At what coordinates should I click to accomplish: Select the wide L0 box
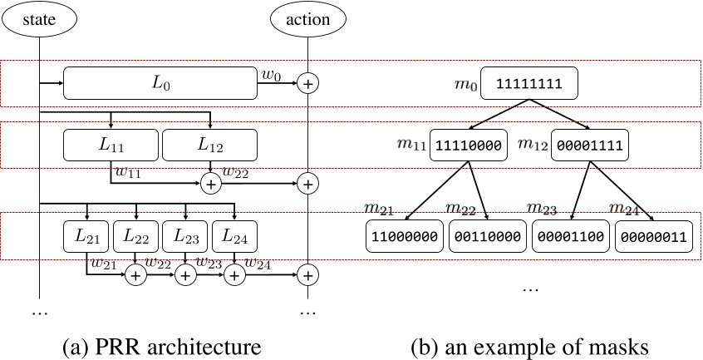point(159,83)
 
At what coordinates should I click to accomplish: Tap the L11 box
point(111,145)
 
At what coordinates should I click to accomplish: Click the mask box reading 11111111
point(528,84)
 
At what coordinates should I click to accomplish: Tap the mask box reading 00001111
point(588,145)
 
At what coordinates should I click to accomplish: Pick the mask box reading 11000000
point(404,237)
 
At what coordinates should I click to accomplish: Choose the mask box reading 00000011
point(653,237)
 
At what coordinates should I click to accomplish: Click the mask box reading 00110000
point(487,237)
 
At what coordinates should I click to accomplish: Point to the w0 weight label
point(270,76)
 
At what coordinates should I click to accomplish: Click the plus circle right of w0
point(308,83)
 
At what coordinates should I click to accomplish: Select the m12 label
point(533,145)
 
